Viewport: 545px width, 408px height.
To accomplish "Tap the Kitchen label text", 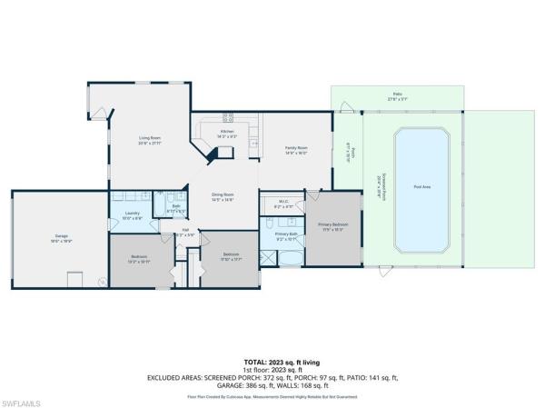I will pos(229,133).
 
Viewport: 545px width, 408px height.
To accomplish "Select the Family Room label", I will pos(296,149).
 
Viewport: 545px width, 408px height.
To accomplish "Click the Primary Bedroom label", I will pos(332,224).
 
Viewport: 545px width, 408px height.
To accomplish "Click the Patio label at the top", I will pos(397,94).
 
